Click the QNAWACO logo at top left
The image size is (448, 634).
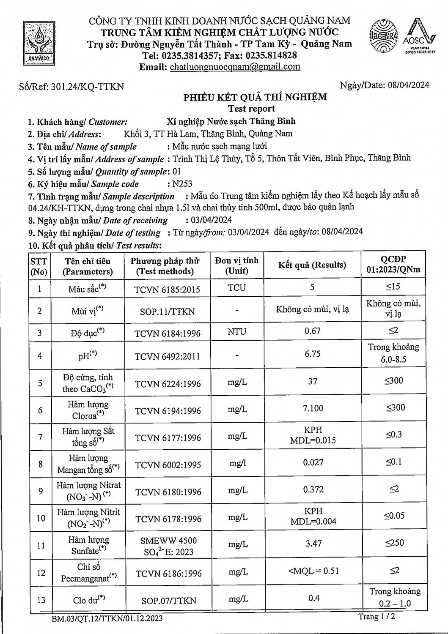(x=39, y=43)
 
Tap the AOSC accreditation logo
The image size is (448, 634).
(x=419, y=36)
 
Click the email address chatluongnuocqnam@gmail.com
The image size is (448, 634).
(x=235, y=67)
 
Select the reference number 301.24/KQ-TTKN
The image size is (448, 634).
(x=87, y=87)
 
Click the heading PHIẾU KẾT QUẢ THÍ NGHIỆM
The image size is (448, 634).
(x=255, y=97)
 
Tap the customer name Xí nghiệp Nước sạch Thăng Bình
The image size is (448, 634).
(x=231, y=121)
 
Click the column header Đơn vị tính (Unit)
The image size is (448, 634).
(x=236, y=265)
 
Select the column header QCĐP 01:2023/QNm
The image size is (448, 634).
(x=393, y=265)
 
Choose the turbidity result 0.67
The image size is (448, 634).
(x=313, y=331)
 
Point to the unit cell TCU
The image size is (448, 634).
(x=236, y=288)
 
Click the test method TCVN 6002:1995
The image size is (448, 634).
(x=168, y=465)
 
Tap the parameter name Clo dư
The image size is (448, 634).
(x=89, y=599)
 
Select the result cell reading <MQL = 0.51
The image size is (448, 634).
(x=313, y=571)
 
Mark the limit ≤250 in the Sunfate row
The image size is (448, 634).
(x=394, y=543)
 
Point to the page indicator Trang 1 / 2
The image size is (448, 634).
(x=377, y=617)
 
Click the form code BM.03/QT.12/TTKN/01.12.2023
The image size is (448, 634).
(x=107, y=619)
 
